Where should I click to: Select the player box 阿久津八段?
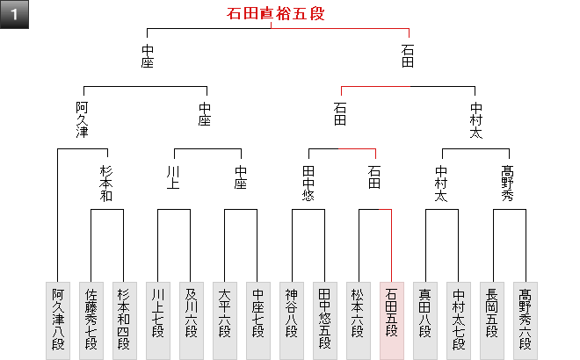click(x=57, y=320)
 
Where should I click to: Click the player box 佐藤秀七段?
click(x=91, y=320)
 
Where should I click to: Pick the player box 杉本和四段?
click(x=124, y=320)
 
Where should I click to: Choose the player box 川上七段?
click(x=158, y=320)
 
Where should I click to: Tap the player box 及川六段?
click(x=191, y=320)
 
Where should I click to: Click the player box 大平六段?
click(x=225, y=320)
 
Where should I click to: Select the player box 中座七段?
click(x=257, y=320)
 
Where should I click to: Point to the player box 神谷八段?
click(x=292, y=320)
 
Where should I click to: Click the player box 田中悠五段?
click(x=324, y=320)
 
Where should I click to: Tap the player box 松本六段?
click(x=359, y=320)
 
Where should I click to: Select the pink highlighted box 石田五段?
click(x=391, y=320)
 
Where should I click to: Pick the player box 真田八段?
click(x=425, y=320)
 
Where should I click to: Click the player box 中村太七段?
click(x=458, y=320)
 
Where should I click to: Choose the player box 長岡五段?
click(x=492, y=320)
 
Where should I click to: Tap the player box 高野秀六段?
click(x=525, y=320)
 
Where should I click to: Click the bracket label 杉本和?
click(x=107, y=184)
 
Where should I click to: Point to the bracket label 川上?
click(x=174, y=177)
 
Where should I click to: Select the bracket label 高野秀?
click(x=508, y=184)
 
